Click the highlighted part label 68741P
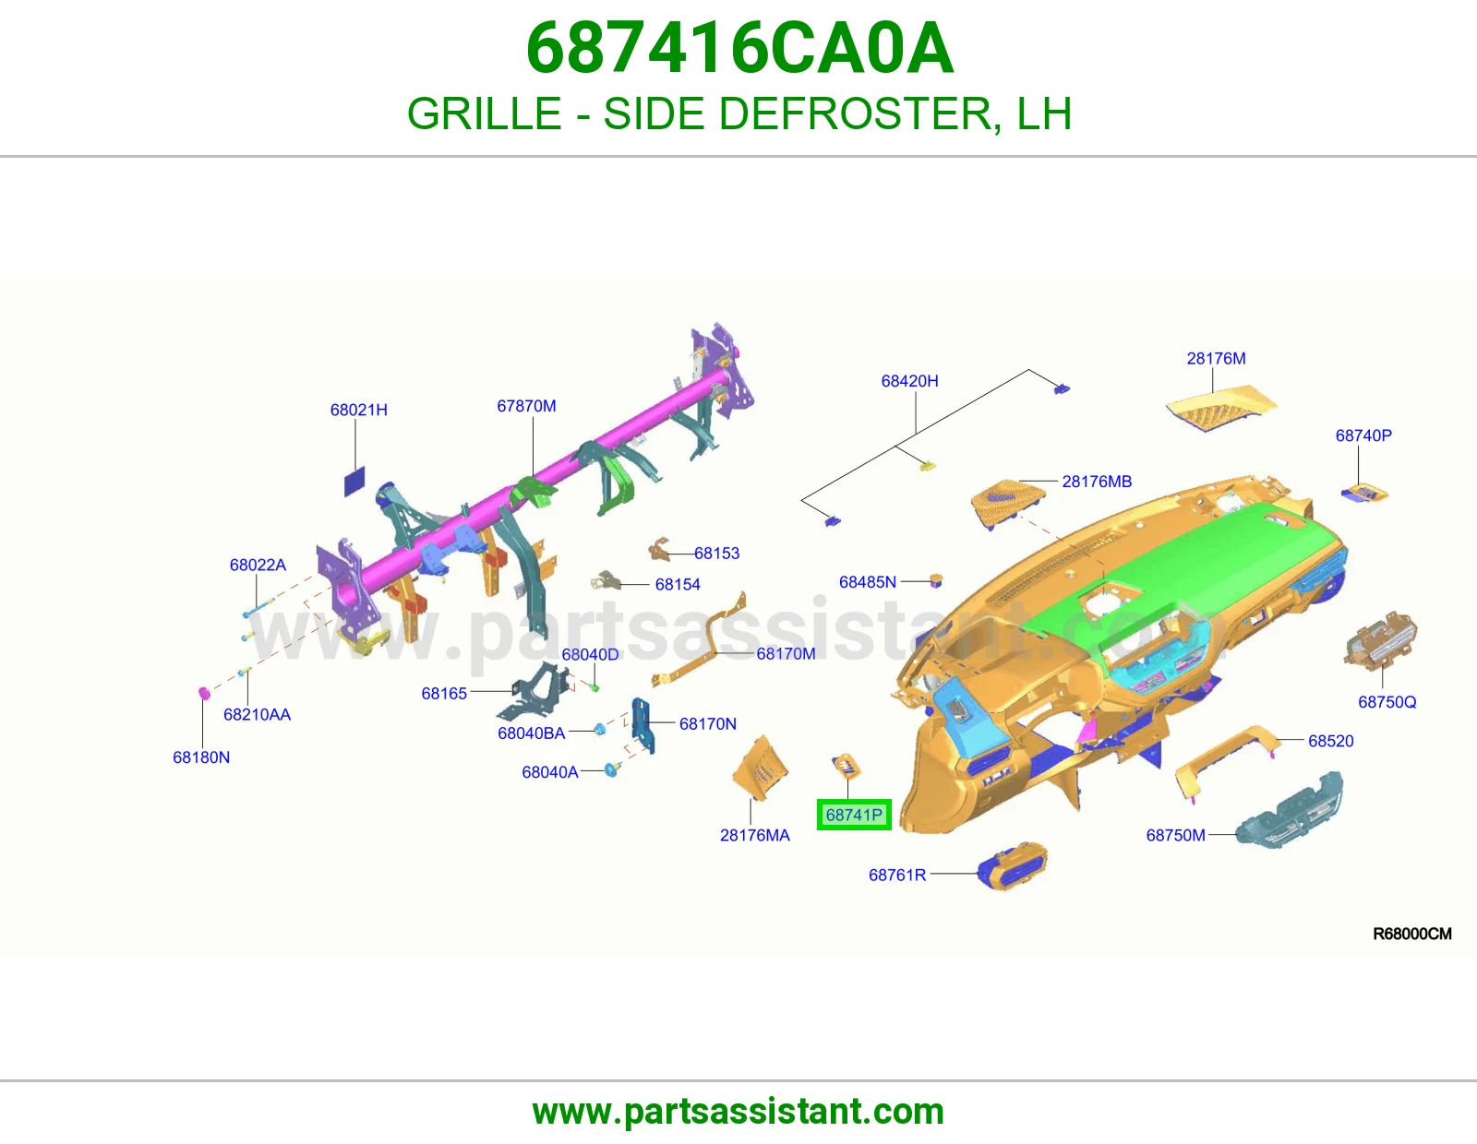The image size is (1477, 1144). pos(854,815)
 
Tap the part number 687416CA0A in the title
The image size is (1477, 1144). pos(739,48)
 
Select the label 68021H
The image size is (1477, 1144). pos(359,410)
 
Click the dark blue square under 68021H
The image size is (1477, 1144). pos(354,481)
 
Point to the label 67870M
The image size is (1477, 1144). pos(526,406)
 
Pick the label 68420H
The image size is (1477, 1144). pos(909,381)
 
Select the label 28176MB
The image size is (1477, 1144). pos(1097,482)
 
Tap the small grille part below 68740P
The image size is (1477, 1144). pos(1364,494)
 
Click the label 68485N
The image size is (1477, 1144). pos(868,582)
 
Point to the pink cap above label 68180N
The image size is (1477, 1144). pos(203,693)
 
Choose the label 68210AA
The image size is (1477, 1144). pos(257,715)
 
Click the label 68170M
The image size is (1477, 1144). pos(786,653)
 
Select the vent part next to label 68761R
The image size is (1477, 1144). pos(1012,866)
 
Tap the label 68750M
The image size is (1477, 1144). pos(1175,835)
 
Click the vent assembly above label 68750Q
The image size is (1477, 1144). pos(1380,640)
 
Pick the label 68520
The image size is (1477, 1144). pos(1331,741)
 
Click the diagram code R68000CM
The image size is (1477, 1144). pos(1411,934)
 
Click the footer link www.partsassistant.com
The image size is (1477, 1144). pos(738,1112)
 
